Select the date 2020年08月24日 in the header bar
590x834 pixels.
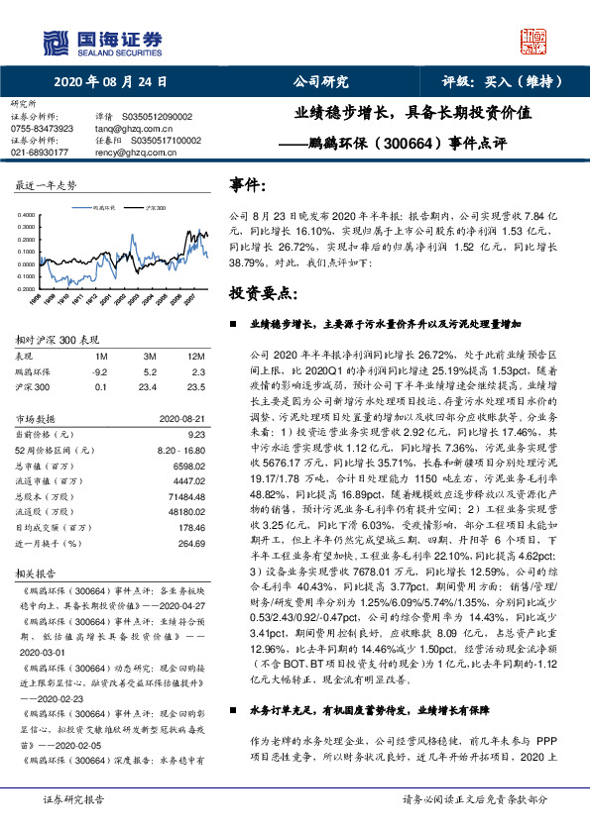(x=109, y=83)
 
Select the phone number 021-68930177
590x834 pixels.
(x=40, y=153)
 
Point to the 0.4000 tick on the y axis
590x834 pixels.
(x=31, y=215)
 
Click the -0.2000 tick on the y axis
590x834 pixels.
(x=30, y=287)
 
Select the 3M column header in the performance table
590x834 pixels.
(x=149, y=355)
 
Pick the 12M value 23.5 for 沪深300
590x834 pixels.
(x=195, y=386)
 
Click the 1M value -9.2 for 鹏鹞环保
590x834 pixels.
(x=99, y=370)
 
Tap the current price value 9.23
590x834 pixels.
(x=195, y=433)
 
